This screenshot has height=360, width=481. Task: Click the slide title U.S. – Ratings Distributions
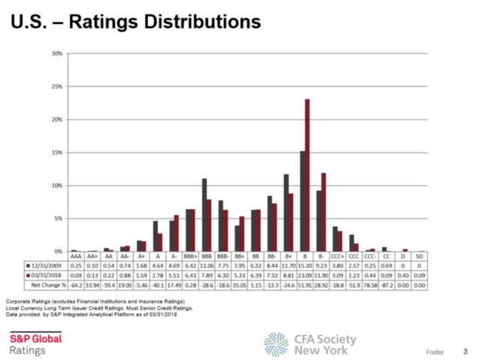[x=136, y=23]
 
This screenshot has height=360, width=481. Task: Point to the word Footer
[x=435, y=351]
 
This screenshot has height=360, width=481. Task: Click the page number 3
[x=465, y=351]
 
